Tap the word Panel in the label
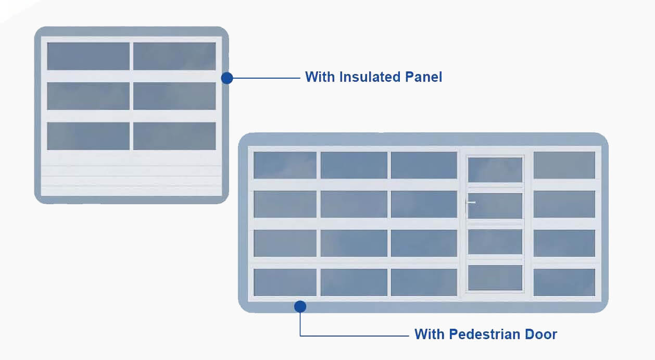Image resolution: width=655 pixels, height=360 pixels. tap(424, 77)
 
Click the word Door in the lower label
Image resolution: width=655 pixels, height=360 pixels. tap(540, 334)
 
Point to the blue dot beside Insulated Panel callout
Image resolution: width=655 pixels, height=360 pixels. tap(226, 78)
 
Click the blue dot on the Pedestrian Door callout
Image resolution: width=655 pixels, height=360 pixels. tap(300, 306)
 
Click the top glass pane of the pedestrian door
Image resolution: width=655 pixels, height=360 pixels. tap(495, 170)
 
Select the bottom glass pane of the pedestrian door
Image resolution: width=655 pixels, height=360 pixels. tap(495, 278)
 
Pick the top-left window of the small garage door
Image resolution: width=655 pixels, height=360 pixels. tap(89, 56)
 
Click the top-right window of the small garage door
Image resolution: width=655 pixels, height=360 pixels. tap(174, 56)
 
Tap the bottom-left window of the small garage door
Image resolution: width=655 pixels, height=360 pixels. tap(89, 136)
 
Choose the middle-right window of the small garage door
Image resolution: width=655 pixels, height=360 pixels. tap(174, 96)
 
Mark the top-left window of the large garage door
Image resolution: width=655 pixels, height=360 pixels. tap(285, 165)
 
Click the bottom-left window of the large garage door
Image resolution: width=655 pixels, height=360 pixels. tap(285, 282)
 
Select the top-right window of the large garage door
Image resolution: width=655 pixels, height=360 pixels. tap(564, 165)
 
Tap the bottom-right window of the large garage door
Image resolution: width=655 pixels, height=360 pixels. tap(564, 282)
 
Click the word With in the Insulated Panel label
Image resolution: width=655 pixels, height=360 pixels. tap(320, 77)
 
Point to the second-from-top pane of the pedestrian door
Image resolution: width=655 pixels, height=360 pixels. tap(495, 206)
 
